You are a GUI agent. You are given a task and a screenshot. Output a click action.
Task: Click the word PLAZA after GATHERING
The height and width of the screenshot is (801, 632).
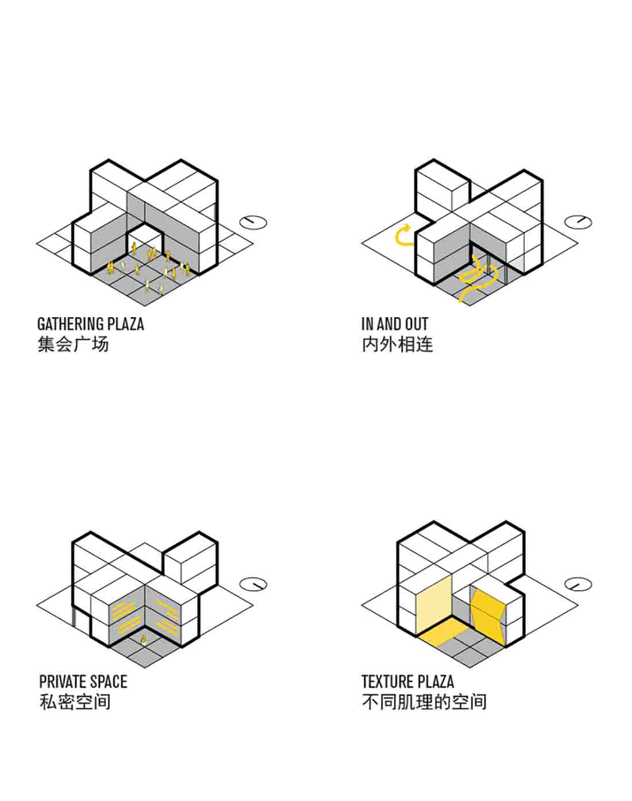pos(126,324)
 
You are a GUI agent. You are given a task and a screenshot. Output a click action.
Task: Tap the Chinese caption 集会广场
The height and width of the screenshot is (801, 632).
pos(73,344)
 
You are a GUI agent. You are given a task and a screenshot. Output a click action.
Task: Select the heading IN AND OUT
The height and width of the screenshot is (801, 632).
pos(395,324)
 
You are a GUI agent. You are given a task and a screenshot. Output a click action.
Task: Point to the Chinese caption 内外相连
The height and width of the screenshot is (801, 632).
pos(397,344)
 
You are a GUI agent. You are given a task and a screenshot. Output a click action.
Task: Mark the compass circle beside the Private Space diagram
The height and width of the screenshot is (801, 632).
pos(253,584)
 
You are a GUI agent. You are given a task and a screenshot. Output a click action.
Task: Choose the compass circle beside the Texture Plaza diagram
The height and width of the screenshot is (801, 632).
pos(578,584)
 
